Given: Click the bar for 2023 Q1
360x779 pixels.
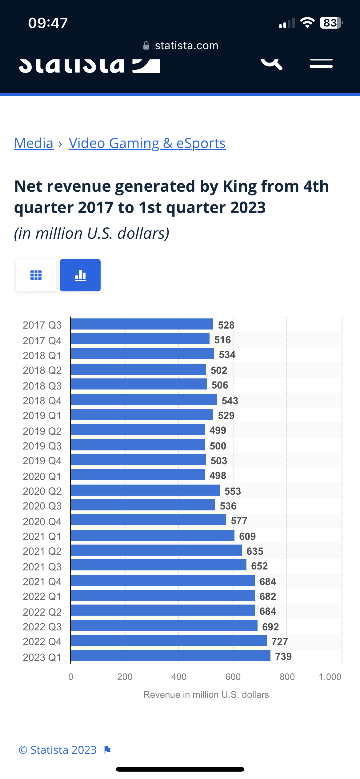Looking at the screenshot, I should (x=170, y=655).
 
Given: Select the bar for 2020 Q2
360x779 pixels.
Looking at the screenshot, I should (x=145, y=490).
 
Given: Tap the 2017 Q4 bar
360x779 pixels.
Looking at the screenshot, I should (x=140, y=339).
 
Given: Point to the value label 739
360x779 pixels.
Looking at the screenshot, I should (x=283, y=657).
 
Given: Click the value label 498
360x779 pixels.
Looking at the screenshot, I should (x=218, y=476).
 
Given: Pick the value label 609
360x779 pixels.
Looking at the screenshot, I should (x=247, y=536).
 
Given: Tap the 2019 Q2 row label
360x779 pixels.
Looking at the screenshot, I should (x=42, y=431).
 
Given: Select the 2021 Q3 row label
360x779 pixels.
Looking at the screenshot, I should (x=42, y=567).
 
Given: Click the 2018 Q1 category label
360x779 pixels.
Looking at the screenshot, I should (x=42, y=355).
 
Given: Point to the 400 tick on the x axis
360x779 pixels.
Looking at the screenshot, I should (x=179, y=677).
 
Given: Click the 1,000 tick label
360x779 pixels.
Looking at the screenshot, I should (x=330, y=677).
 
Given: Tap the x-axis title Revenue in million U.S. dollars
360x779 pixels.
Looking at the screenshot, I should (x=206, y=695).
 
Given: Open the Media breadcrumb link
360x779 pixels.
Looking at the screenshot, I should (x=34, y=143).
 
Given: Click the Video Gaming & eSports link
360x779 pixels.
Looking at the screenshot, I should (x=147, y=143).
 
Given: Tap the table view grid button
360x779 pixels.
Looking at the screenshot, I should (x=36, y=275).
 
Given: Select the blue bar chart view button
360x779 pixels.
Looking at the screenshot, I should (x=80, y=275).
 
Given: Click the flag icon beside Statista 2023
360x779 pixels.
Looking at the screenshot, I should (x=107, y=750).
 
